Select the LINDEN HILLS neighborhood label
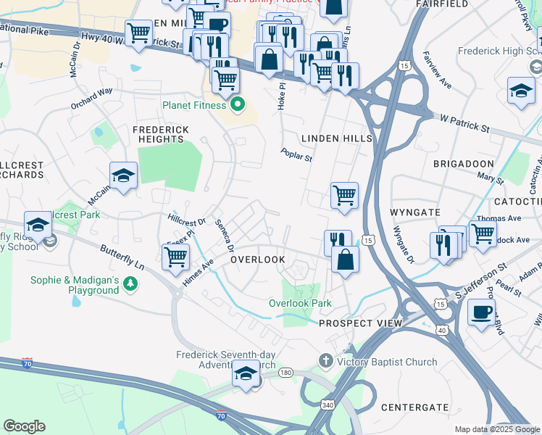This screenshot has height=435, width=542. [336, 138]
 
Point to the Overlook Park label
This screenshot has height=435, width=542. [301, 303]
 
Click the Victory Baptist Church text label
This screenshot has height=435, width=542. [387, 362]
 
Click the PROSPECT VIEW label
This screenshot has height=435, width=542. [360, 323]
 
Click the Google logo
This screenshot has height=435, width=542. [24, 426]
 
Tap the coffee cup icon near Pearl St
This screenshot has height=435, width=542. [481, 313]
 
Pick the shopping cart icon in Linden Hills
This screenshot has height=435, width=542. [344, 194]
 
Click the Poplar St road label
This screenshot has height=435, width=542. [296, 155]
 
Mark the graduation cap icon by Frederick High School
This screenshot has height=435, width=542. [520, 91]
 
